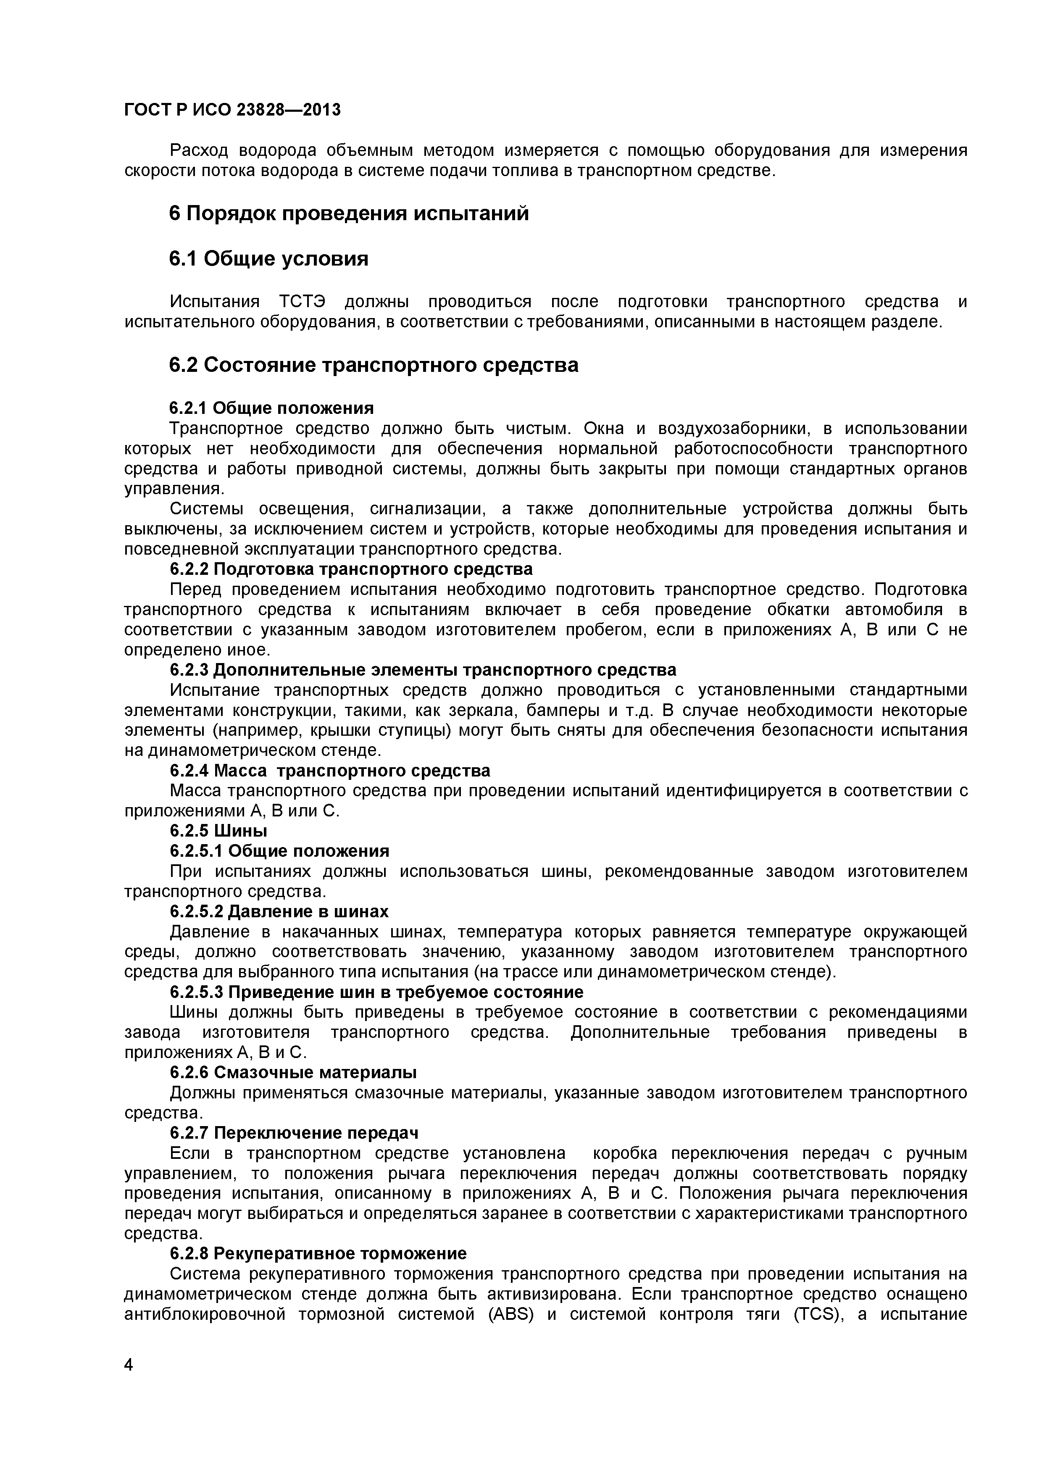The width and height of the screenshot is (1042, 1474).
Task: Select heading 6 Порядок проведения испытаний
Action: (x=349, y=213)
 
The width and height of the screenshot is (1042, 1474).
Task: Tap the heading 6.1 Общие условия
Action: (x=268, y=259)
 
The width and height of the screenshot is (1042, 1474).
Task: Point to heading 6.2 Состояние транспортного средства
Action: (x=373, y=365)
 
